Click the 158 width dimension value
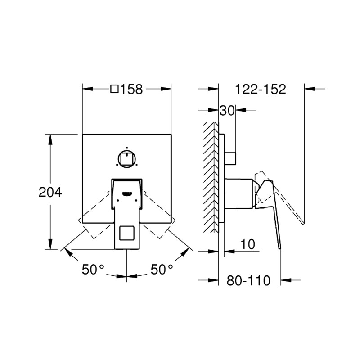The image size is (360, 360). click(x=132, y=89)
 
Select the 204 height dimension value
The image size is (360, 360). click(x=49, y=192)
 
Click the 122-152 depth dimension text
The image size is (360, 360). click(x=261, y=89)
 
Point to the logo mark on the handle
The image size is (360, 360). click(x=127, y=193)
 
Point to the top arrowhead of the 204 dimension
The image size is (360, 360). click(x=50, y=137)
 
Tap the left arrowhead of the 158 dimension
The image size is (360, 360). click(x=86, y=89)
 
